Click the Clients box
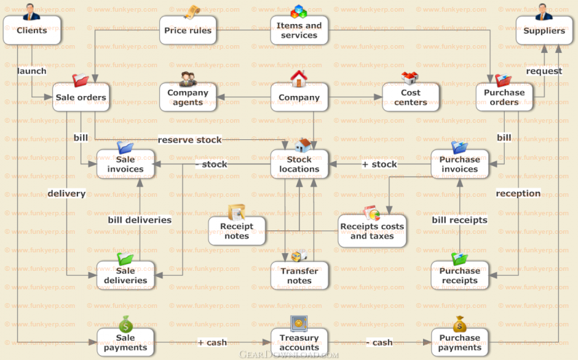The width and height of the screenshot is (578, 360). [32, 30]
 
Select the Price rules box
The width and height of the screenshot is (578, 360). [188, 30]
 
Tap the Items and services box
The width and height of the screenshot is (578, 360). [299, 30]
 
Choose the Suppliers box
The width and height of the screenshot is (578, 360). [544, 30]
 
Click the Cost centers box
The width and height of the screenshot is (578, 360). [411, 97]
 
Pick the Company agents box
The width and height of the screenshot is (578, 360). [188, 97]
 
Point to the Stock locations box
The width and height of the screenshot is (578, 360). [299, 165]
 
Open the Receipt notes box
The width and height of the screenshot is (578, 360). [237, 231]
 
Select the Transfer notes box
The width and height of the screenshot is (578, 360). [299, 276]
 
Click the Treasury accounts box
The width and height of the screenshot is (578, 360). [299, 342]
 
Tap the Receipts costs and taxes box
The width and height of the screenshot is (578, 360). [372, 231]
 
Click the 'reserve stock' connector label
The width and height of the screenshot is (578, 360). [190, 140]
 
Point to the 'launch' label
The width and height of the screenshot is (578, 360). [32, 71]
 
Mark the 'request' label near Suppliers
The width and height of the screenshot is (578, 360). [544, 71]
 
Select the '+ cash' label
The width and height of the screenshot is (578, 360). [212, 342]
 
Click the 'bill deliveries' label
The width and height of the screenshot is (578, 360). [140, 220]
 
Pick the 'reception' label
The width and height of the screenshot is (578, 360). [518, 193]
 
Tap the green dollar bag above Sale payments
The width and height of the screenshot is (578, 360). [125, 324]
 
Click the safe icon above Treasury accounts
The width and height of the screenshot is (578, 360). [298, 324]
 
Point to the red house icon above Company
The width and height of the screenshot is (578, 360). [298, 78]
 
